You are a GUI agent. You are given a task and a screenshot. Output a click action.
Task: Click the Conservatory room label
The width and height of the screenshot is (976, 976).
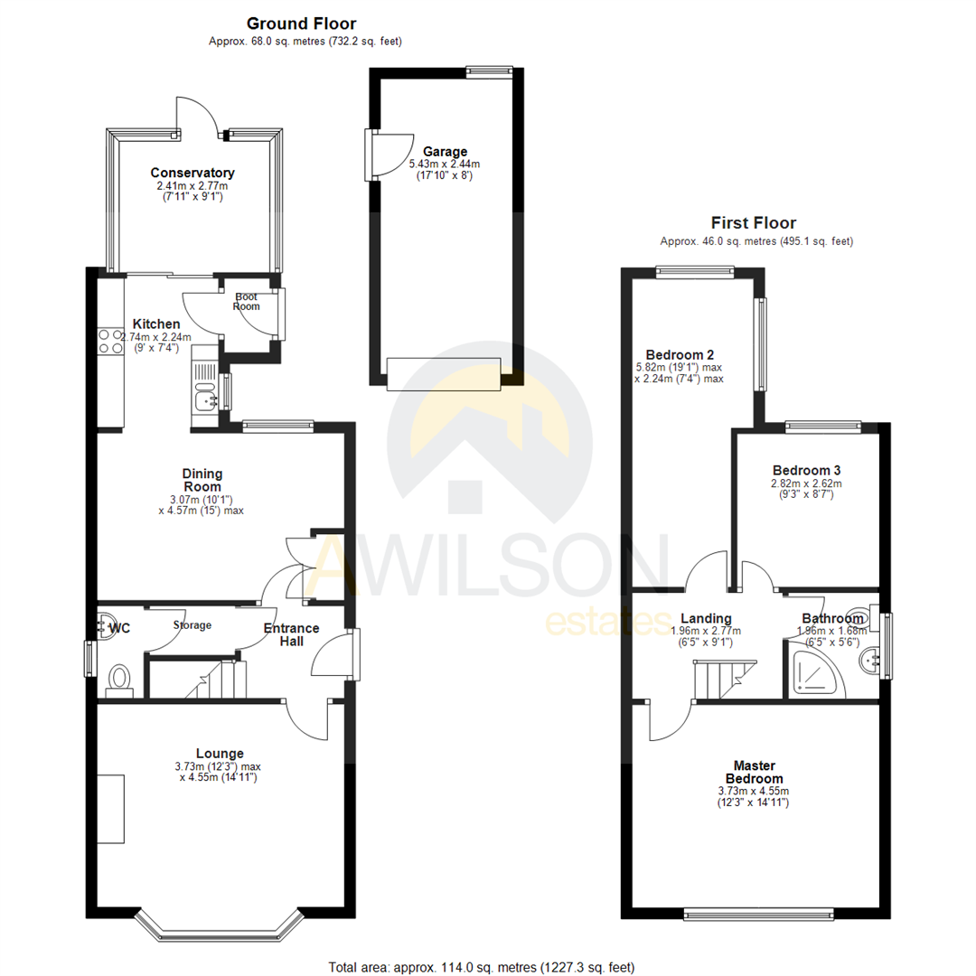(x=192, y=173)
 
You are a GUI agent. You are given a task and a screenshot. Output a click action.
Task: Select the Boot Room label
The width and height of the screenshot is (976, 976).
(x=247, y=301)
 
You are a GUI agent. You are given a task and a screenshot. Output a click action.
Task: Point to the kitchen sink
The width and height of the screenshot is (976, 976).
(x=204, y=394)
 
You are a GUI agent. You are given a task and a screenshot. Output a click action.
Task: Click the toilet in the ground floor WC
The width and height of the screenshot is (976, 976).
(x=119, y=680)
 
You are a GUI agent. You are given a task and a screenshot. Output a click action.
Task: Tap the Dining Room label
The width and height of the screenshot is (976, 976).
(x=202, y=480)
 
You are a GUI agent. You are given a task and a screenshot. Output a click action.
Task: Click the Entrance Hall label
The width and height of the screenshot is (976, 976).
(x=290, y=633)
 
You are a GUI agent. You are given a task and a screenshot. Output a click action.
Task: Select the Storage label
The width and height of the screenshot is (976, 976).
(x=192, y=624)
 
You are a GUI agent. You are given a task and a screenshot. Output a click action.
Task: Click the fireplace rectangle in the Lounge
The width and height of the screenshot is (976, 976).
(x=110, y=809)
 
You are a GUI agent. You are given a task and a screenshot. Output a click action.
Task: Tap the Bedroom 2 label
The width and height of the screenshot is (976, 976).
(x=680, y=354)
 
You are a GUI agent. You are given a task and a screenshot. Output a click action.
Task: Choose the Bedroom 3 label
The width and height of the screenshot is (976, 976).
(x=806, y=470)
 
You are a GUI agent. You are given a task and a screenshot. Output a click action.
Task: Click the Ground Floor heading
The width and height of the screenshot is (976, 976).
(x=301, y=23)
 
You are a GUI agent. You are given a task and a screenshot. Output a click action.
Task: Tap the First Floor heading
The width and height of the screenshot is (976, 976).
(x=753, y=222)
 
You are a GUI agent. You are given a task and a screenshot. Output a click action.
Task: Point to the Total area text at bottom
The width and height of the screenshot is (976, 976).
(x=487, y=967)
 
